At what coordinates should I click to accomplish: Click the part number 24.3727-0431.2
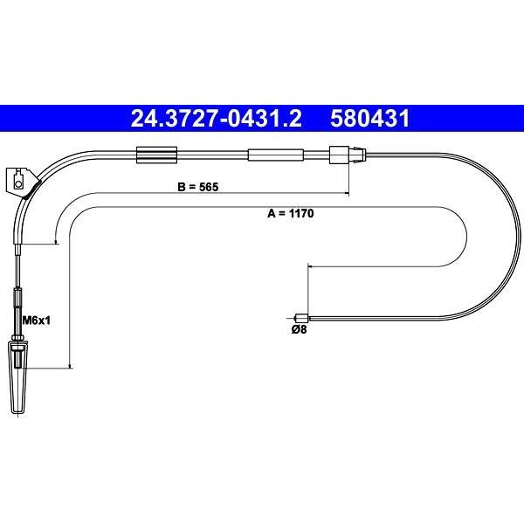[x=217, y=119]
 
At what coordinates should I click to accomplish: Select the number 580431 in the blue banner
[x=369, y=119]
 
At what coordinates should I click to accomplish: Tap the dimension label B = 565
[x=198, y=187]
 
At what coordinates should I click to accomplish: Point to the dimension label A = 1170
[x=291, y=213]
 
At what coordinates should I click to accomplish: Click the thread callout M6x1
[x=36, y=321]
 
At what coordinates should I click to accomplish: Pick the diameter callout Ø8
[x=299, y=330]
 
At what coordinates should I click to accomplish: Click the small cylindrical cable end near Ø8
[x=301, y=318]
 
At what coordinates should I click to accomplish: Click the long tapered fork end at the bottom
[x=18, y=378]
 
